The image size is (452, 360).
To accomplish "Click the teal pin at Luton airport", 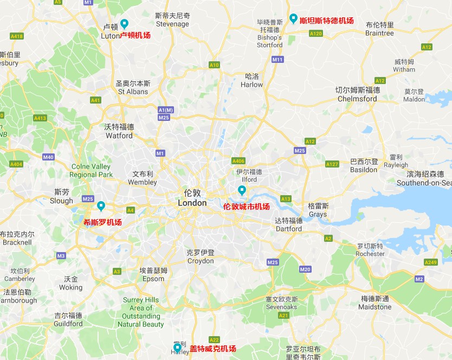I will point(124,23).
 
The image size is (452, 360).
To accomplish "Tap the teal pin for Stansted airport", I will point(293,18).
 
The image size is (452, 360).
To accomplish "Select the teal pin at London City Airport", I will point(242,190).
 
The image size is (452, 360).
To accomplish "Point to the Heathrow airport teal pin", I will point(101,205).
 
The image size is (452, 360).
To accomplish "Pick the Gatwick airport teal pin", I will point(177,347).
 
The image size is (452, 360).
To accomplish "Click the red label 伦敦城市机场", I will point(247,207).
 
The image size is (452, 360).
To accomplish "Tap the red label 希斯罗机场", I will point(102,222).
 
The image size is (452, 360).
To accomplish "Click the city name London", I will point(192,203).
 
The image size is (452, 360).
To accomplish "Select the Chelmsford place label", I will point(357,99).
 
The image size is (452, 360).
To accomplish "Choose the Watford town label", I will point(119,136).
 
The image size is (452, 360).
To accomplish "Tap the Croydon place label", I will point(201,261).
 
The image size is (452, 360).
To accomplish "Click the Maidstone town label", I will point(374,307).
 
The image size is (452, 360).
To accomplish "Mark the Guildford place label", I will point(68,324).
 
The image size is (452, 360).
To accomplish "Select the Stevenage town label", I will point(172,24).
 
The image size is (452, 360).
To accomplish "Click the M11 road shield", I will point(277,59).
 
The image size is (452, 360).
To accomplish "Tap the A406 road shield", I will point(238,161).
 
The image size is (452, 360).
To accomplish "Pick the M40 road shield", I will point(48,157).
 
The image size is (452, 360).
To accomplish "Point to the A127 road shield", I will point(332,164).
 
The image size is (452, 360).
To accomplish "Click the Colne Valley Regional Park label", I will point(91,171).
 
